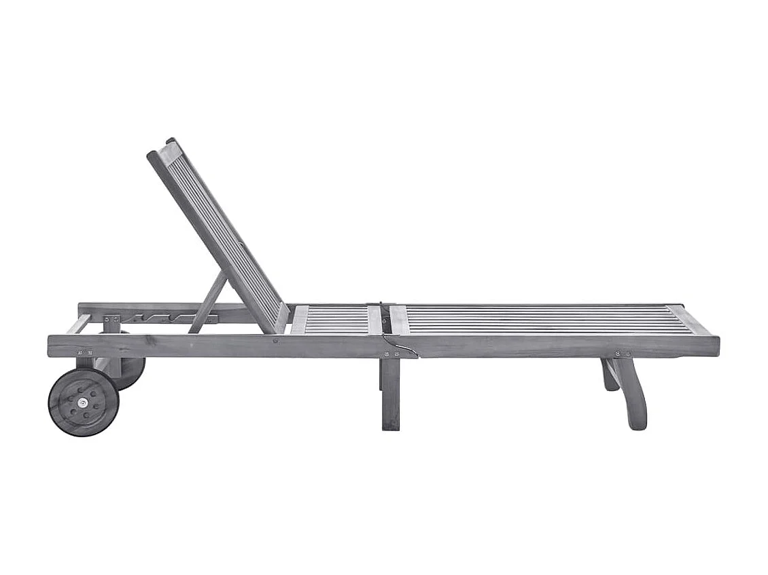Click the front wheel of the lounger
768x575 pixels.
click(83, 402)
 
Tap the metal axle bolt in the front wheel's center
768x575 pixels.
click(83, 403)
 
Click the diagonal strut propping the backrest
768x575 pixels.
click(207, 303)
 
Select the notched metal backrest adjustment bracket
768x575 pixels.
click(160, 318)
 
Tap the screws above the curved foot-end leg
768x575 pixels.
click(622, 354)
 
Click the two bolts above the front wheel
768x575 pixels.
click(85, 352)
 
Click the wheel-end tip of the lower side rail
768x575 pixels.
click(52, 346)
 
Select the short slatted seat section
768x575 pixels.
click(337, 320)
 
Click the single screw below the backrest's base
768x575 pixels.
click(275, 341)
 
